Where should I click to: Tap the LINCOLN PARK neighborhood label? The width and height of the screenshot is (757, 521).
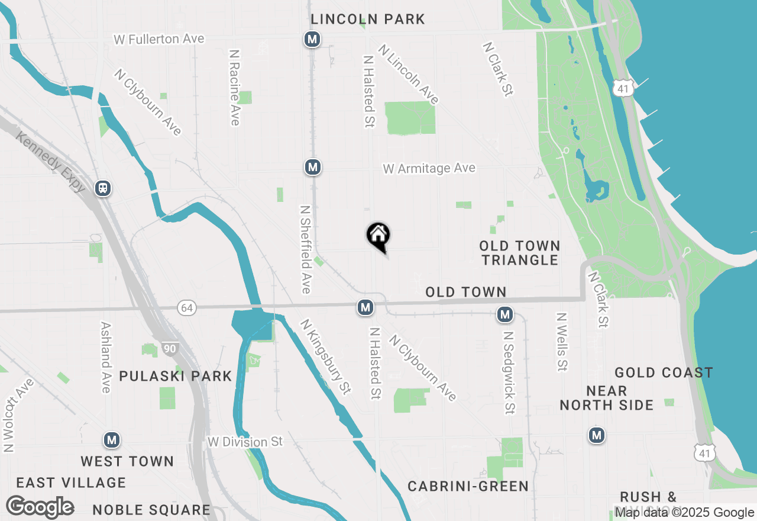368,19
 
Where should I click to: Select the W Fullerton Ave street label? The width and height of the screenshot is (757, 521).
159,39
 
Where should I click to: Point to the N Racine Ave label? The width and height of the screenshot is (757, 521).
234,88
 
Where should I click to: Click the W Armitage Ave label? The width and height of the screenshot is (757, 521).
429,169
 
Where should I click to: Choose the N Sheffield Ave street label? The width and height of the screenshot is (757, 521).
305,249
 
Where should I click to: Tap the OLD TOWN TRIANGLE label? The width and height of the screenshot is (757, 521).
520,253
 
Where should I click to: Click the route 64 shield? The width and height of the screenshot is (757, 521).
187,307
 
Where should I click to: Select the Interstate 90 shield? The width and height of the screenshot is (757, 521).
170,348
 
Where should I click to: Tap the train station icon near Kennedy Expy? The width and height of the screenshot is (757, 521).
103,188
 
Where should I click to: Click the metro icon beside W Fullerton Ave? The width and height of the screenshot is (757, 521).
312,40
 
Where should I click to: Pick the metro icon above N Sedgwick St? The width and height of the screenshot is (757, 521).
504,314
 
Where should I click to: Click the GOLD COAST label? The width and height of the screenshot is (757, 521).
664,372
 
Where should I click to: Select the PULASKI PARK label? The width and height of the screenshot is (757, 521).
176,377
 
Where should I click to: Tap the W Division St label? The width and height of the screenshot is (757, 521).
245,442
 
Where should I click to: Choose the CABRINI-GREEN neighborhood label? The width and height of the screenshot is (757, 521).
468,487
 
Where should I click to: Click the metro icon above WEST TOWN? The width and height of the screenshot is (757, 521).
112,440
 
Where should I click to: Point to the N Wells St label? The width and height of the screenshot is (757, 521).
562,342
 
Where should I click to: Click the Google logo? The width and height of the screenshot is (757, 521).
40,507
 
